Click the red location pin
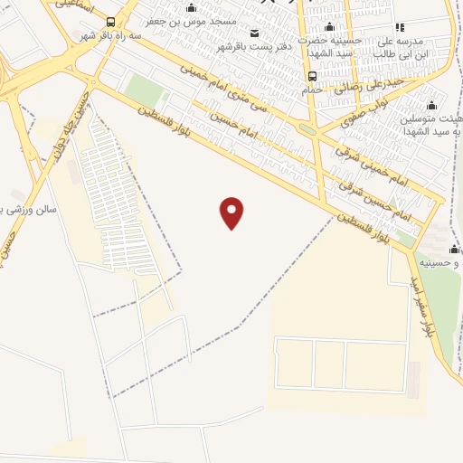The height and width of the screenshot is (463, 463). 232,212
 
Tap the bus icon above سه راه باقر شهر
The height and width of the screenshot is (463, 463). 110,22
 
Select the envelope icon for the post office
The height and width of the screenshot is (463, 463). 252,33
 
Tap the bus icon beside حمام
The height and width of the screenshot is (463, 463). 312,76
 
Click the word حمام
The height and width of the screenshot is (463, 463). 313,90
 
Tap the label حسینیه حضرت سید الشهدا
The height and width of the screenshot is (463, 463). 332,48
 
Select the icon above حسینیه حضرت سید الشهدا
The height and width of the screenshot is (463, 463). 328,27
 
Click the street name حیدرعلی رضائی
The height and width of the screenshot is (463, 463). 363,90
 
